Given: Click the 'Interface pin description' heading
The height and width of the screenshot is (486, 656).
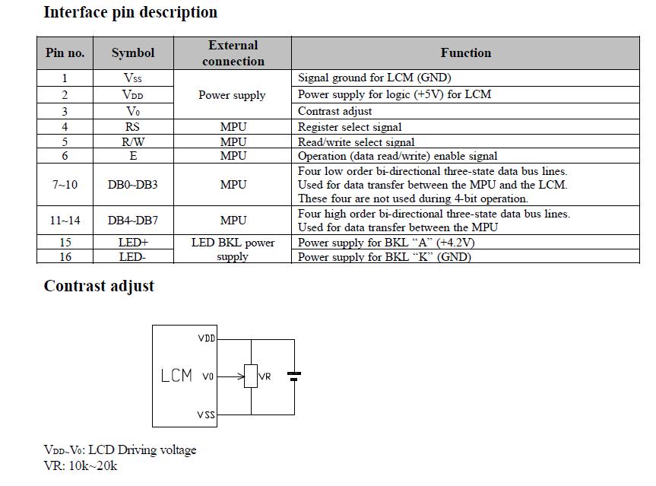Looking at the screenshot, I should click(x=130, y=12).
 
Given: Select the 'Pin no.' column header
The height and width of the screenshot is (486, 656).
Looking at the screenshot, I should click(x=65, y=52).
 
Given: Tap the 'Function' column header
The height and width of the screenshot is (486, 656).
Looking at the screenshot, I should click(x=465, y=52).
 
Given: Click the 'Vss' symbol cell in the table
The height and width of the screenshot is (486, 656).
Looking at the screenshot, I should click(x=132, y=78).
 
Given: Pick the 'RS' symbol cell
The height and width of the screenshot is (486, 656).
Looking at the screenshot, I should click(x=132, y=127).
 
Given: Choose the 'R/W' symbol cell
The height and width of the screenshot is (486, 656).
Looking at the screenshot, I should click(x=132, y=141).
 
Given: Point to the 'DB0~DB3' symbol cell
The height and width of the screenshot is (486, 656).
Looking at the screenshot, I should click(x=132, y=185).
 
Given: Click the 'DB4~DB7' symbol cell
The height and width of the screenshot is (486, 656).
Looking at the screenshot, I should click(x=132, y=220).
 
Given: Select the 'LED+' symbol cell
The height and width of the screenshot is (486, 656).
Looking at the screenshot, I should click(x=132, y=243).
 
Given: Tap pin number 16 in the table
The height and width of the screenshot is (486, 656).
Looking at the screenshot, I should click(x=65, y=257).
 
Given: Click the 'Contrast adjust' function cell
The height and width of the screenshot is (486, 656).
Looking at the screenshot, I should click(x=334, y=111).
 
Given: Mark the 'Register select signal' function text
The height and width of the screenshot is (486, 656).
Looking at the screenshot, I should click(x=350, y=127).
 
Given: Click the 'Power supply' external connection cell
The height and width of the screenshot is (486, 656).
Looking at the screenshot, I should click(x=232, y=95).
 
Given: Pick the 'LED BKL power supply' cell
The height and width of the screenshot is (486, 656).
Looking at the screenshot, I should click(x=233, y=249).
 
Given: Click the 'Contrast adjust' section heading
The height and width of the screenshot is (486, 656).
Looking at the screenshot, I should click(x=99, y=286).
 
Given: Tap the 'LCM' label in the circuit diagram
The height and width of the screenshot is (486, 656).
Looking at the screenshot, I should click(x=176, y=376).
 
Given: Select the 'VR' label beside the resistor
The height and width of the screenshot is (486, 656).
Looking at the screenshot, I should click(x=265, y=376).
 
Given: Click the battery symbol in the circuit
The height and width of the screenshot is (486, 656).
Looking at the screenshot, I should click(x=295, y=376).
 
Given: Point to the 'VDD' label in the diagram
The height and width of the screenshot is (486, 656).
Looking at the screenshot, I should click(x=206, y=338).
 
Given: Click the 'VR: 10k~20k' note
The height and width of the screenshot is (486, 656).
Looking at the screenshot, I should click(x=81, y=465).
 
